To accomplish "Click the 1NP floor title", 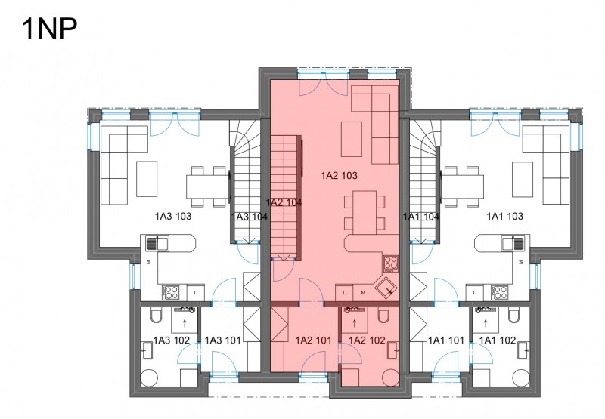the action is point(50,29).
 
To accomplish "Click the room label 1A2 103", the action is point(339,176).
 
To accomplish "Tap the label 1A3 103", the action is point(173,216).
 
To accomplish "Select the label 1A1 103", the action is point(504,216).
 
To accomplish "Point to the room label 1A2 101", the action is point(313,340).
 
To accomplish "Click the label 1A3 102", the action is point(172,340).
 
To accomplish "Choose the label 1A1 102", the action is point(498,340).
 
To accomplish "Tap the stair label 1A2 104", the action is point(284,202).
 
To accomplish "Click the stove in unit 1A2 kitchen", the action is point(391,263).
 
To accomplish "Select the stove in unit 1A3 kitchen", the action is point(170,293).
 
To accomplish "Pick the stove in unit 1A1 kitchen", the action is point(499,293).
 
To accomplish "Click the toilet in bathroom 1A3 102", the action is point(157,316).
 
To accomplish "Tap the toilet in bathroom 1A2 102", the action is point(383,316).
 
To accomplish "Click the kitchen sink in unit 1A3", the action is point(157,243).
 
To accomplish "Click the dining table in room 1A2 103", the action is point(365,212).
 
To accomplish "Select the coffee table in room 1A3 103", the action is point(147,179).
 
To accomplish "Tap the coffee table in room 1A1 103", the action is point(523,179).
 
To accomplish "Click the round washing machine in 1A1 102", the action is point(523,378).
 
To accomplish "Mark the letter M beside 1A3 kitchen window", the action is point(148,262).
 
